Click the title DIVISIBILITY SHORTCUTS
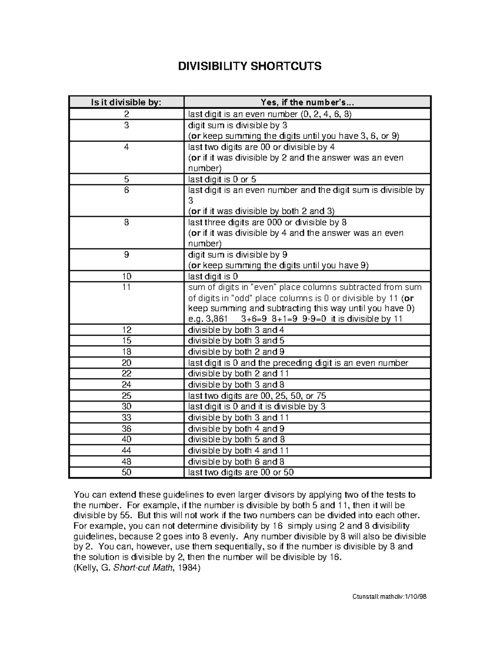(250, 66)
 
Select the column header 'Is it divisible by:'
(127, 102)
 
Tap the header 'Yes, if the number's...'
(307, 102)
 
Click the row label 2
(127, 114)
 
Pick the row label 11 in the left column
(127, 287)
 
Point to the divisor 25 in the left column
(127, 396)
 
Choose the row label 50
(127, 472)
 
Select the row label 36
(127, 428)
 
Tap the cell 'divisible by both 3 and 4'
(236, 330)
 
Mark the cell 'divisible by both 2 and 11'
(238, 374)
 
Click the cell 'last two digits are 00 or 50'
(241, 472)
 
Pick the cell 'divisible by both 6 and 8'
(236, 461)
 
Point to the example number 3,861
(216, 319)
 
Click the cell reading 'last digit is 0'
(213, 276)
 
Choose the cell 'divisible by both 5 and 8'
(236, 439)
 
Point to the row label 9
(127, 255)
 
